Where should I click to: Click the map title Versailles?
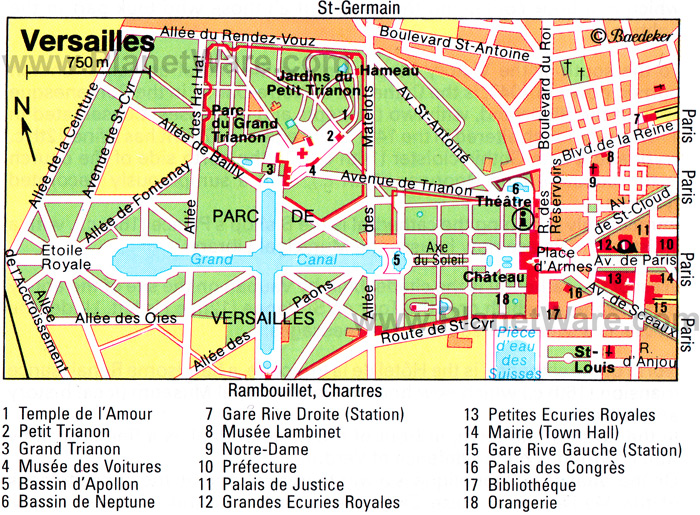[88, 43]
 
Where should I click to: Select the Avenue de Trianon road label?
[396, 179]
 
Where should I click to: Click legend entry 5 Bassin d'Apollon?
[71, 484]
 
